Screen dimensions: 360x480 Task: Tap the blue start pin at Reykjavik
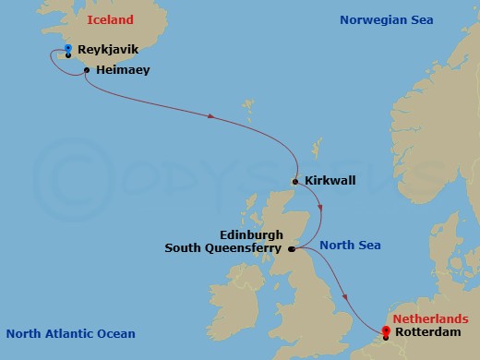pos(69,48)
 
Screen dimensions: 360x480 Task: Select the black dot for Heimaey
pos(86,70)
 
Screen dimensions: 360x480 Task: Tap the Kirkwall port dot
pos(295,182)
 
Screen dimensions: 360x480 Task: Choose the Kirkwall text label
pos(330,182)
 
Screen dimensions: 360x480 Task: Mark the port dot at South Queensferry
pos(291,249)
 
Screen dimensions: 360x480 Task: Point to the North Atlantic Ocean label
pos(70,333)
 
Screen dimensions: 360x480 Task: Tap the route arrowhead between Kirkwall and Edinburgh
pos(318,209)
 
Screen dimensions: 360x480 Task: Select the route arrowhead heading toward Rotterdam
pos(345,297)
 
